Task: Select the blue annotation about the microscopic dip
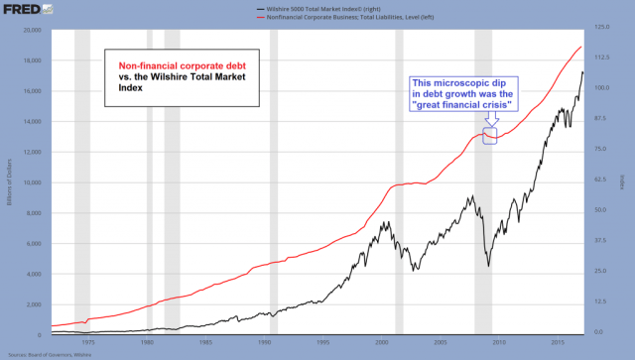[461, 95]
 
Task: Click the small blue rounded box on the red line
[488, 136]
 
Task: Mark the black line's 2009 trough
[488, 265]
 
